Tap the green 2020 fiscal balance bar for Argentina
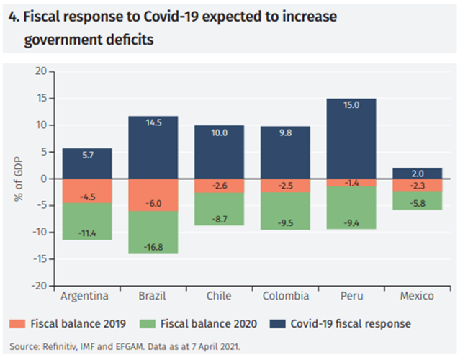tap(87, 221)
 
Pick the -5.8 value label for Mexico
tap(416, 204)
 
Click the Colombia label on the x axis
tap(285, 296)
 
